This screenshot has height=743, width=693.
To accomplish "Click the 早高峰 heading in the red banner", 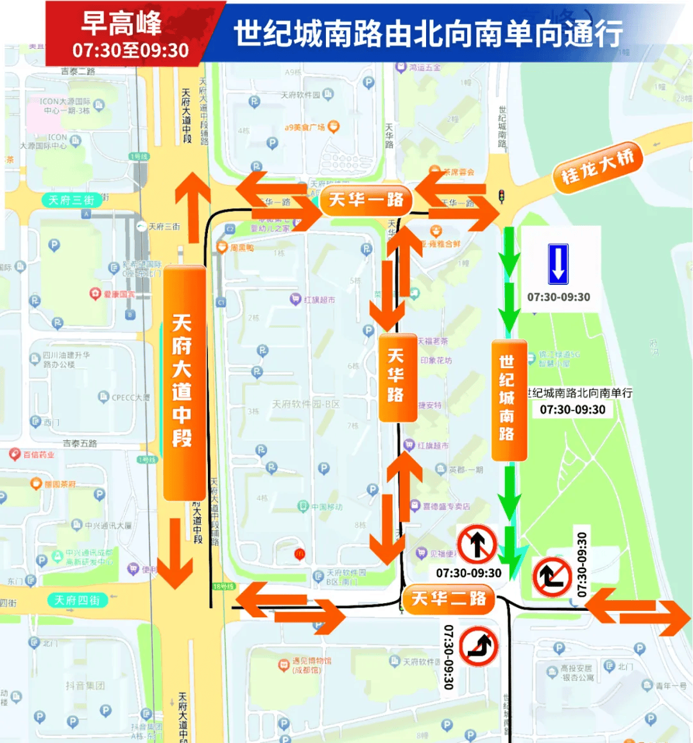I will tap(122, 24).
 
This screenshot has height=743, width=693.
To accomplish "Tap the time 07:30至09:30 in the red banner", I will tap(130, 50).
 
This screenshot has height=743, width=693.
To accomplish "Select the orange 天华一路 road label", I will tap(366, 200).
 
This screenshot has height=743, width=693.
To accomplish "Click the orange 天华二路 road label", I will tap(448, 599).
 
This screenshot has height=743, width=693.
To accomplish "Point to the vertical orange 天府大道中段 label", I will tap(183, 381).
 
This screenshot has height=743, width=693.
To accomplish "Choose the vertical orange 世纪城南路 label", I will tap(508, 398).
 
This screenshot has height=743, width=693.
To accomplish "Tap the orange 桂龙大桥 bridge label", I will tap(597, 166).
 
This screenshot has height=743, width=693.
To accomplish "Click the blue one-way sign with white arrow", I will tap(558, 264).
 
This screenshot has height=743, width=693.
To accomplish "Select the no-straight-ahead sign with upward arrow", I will tap(476, 545).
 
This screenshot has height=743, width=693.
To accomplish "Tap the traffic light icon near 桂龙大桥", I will tap(501, 196).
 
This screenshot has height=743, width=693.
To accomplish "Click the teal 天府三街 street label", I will tap(71, 200).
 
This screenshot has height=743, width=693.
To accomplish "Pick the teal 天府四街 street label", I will tap(77, 601).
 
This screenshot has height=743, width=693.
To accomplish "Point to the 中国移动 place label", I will tap(327, 507).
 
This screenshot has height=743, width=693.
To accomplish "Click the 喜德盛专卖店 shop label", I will tap(446, 506).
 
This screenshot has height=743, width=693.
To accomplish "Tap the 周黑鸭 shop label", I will tap(242, 248).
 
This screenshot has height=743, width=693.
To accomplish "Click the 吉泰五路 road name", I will tap(80, 443).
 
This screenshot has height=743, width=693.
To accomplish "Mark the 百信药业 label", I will tap(38, 455).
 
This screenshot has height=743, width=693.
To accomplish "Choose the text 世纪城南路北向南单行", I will tap(579, 393).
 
